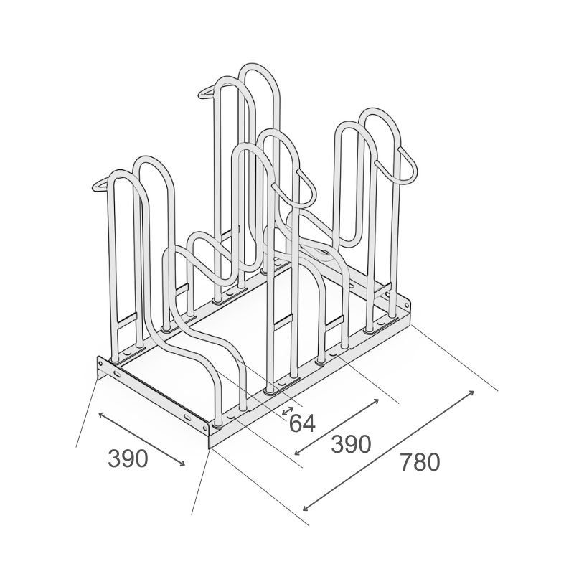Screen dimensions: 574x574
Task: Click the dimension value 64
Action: point(302,423)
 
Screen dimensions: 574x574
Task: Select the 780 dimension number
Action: point(420,462)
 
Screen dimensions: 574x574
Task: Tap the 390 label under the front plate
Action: point(128,458)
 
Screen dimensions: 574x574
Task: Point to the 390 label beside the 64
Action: point(351,444)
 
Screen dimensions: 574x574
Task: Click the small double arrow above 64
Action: point(288,411)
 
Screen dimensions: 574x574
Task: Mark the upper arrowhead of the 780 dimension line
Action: point(471,393)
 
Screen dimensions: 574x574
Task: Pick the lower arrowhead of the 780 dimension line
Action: point(307,507)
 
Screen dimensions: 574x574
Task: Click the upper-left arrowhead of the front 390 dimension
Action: point(102,415)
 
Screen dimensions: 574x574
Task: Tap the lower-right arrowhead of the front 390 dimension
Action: point(182,464)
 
